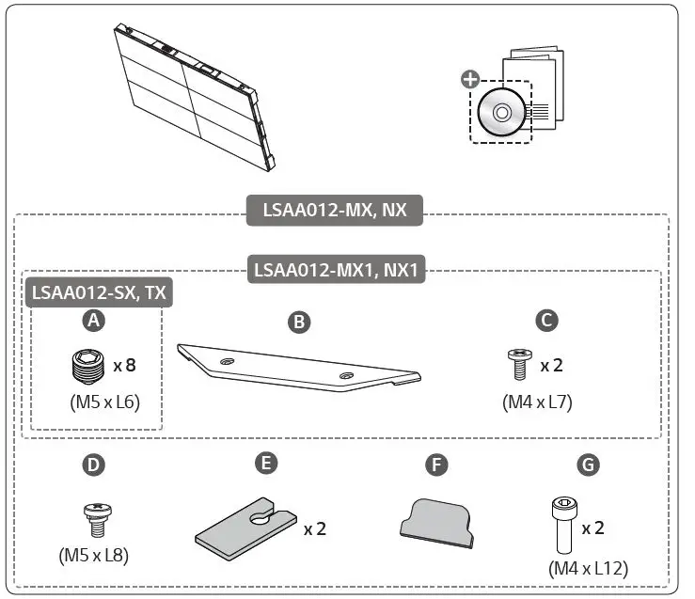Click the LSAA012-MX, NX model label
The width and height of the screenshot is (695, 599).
(x=335, y=210)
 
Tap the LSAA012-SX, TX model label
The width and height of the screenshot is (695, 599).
(x=99, y=292)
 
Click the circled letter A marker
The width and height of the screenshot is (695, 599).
(x=92, y=321)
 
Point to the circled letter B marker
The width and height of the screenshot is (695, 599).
(x=298, y=323)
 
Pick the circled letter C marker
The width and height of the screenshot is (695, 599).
(x=546, y=321)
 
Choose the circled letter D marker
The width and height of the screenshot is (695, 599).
(x=92, y=465)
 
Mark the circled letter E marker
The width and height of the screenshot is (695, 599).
(x=266, y=464)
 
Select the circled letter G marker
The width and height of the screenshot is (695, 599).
(x=586, y=465)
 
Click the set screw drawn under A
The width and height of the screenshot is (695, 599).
(x=86, y=365)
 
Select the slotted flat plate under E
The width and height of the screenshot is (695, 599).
(x=246, y=528)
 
